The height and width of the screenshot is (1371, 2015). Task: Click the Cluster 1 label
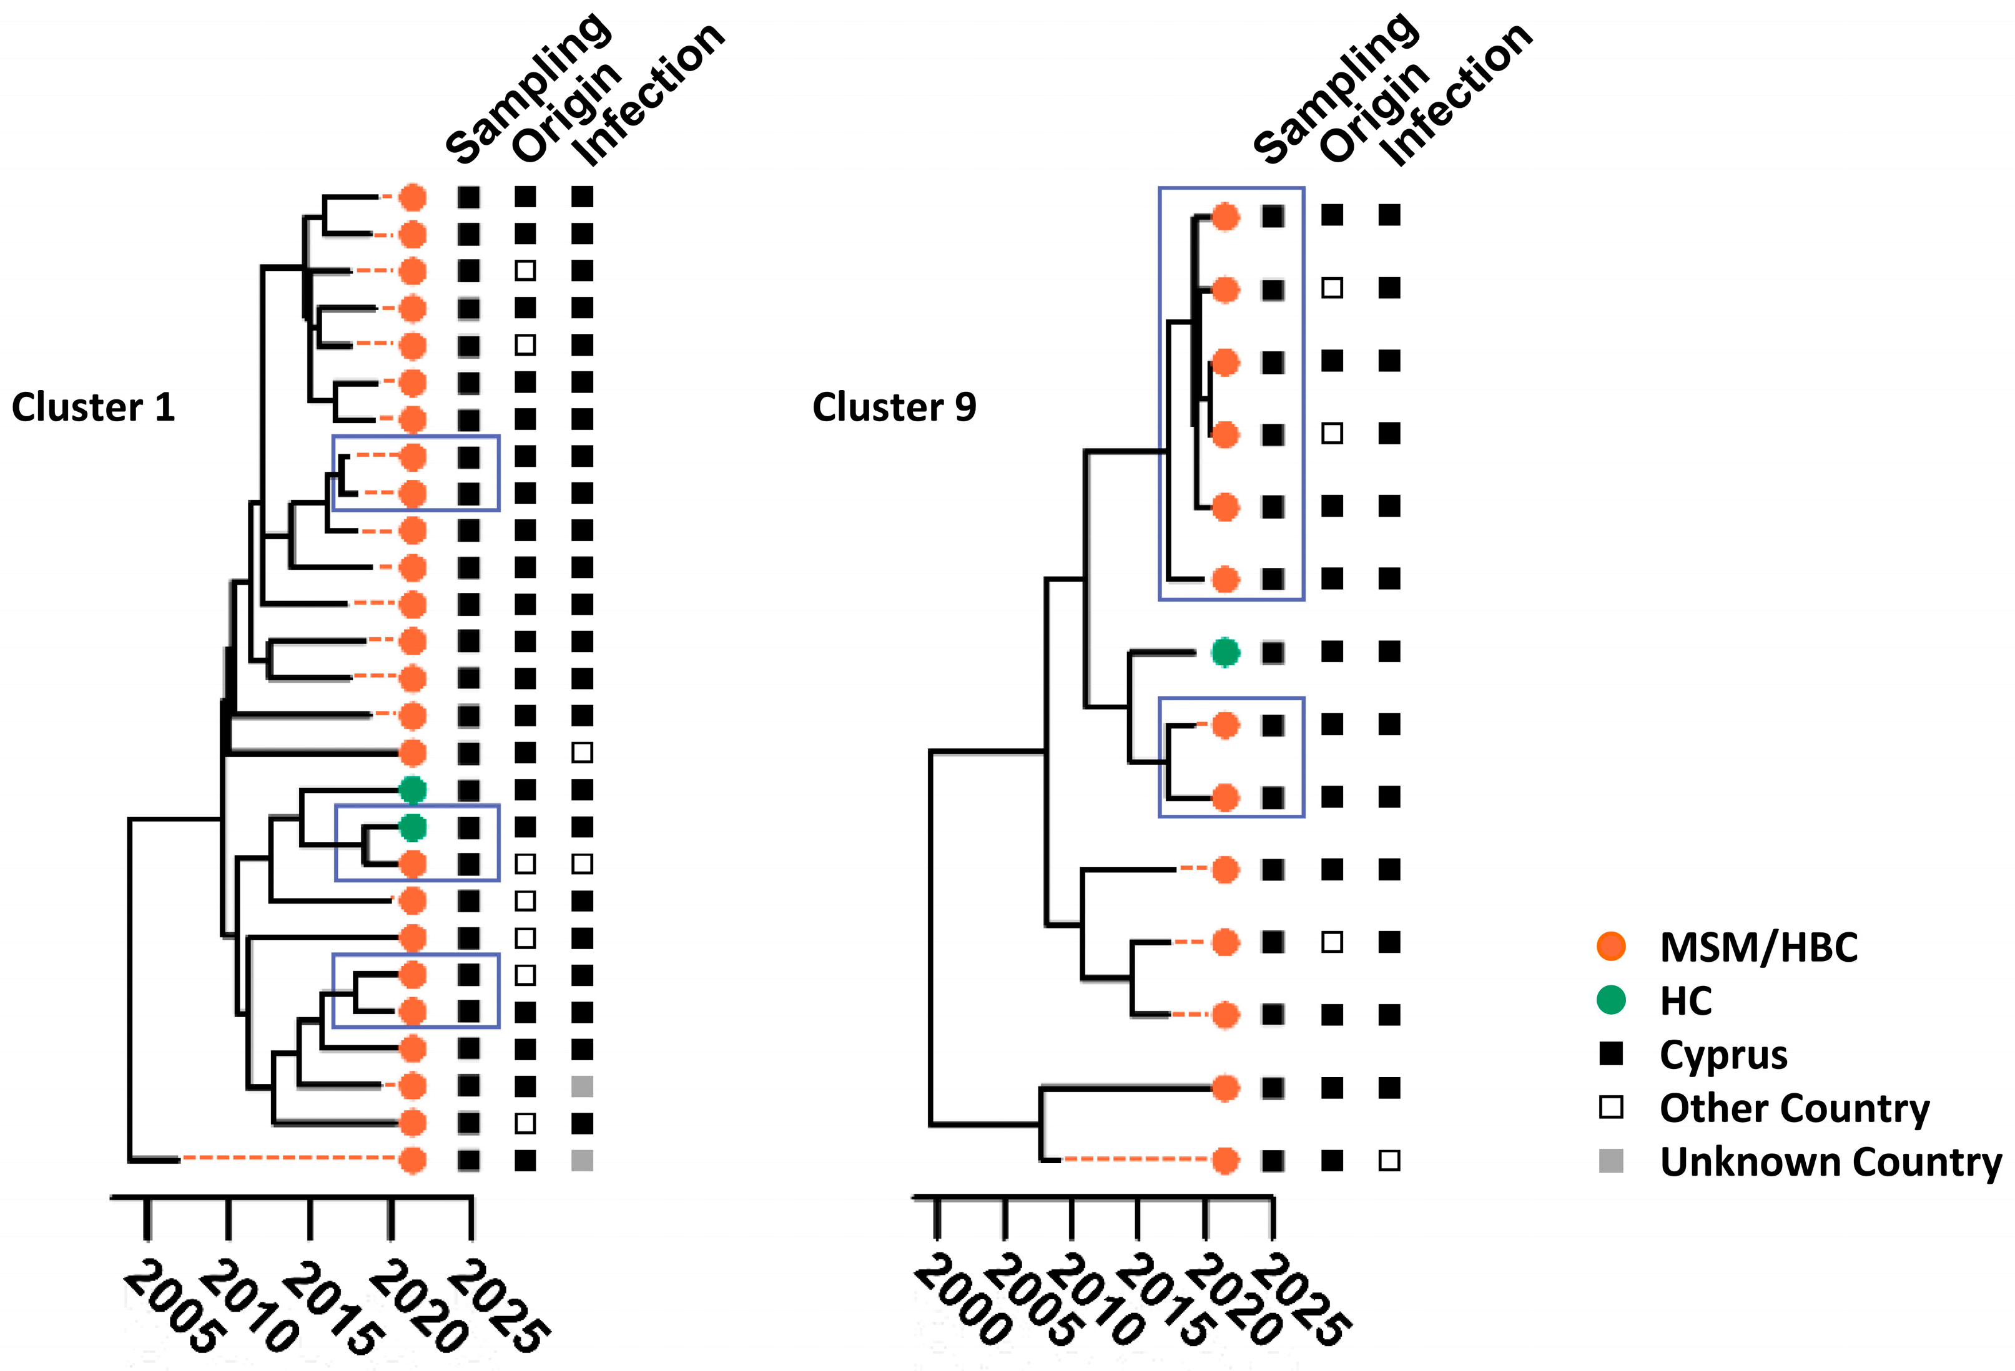click(94, 407)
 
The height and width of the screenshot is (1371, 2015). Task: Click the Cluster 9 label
click(894, 407)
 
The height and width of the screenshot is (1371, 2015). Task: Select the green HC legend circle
click(1610, 1000)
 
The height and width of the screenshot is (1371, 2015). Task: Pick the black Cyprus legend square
click(1610, 1054)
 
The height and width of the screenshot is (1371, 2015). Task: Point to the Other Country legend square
click(1610, 1108)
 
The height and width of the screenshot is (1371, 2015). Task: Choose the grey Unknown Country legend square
click(1610, 1161)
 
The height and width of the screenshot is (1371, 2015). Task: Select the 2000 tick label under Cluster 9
click(962, 1300)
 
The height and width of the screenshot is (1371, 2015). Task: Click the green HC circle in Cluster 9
click(1224, 651)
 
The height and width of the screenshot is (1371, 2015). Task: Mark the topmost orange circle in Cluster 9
click(1224, 216)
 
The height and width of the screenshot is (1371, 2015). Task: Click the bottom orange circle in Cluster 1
click(413, 1159)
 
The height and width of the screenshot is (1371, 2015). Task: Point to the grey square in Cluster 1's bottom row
click(582, 1159)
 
